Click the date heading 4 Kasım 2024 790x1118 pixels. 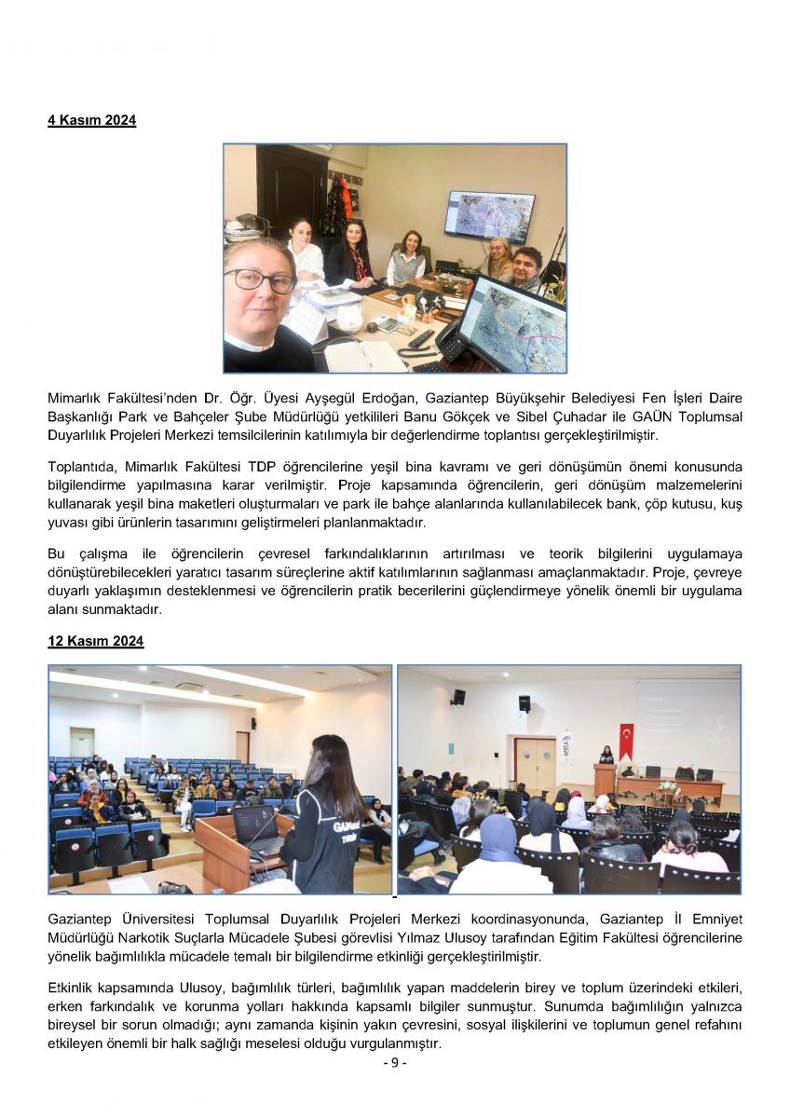click(92, 120)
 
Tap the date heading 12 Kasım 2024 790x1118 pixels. click(96, 642)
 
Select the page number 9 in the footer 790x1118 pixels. click(395, 1063)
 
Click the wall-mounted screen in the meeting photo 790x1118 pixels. click(489, 216)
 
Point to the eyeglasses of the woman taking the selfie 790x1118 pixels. click(259, 279)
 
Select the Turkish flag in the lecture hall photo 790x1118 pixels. click(626, 742)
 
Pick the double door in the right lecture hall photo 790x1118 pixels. click(536, 767)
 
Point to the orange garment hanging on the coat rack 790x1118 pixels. click(346, 198)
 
